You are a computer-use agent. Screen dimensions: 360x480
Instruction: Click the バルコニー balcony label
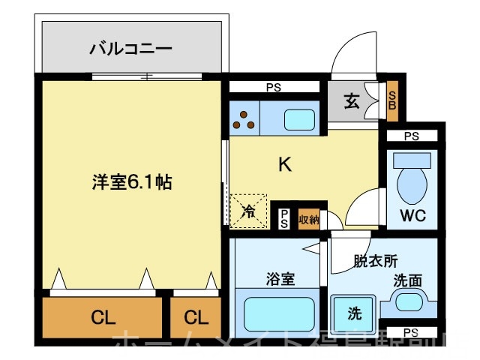point(130,49)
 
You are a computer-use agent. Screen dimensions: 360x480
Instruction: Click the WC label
point(412,216)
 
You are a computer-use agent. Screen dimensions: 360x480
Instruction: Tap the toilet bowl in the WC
point(411,179)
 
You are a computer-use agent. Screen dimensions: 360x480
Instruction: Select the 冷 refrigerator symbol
point(248,211)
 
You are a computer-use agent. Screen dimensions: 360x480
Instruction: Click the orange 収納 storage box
point(309,219)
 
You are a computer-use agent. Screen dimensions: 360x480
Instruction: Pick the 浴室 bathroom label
point(280,279)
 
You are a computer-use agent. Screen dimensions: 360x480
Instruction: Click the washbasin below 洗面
point(409,304)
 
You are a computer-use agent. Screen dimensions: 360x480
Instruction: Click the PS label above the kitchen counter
point(274,88)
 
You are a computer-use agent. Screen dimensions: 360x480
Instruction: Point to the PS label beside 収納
point(284,218)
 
